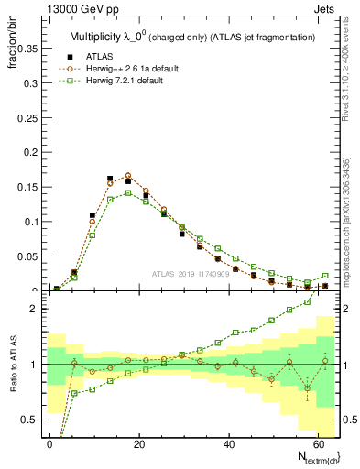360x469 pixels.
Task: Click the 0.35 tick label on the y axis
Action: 27,47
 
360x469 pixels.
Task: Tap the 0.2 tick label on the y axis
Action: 29,151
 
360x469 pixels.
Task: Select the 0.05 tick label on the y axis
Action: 27,256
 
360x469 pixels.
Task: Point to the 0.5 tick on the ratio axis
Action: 29,420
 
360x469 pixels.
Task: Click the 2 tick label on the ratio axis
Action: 34,309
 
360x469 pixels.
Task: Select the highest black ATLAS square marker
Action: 110,179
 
